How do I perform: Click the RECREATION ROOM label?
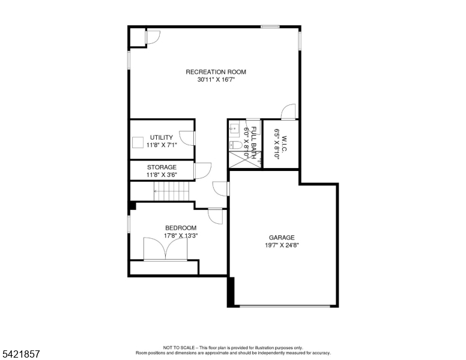tap(216, 72)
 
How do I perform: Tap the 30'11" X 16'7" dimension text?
tap(216, 80)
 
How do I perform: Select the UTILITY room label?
tap(162, 137)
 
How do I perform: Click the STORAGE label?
tap(162, 167)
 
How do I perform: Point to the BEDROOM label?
tap(181, 228)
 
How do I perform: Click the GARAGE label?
tap(282, 238)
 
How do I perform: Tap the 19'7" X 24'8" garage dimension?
tap(282, 245)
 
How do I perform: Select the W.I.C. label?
tap(284, 143)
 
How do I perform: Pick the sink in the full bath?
tap(234, 128)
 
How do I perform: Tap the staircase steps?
tap(172, 191)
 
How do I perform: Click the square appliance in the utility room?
tap(138, 142)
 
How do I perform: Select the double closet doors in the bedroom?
tap(166, 249)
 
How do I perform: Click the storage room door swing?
tap(203, 170)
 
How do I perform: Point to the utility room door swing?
tap(187, 138)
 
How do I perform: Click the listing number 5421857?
tap(21, 354)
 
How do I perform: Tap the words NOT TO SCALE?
tap(178, 347)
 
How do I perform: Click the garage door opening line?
tap(285, 306)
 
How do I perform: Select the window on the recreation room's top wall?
tap(270, 27)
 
